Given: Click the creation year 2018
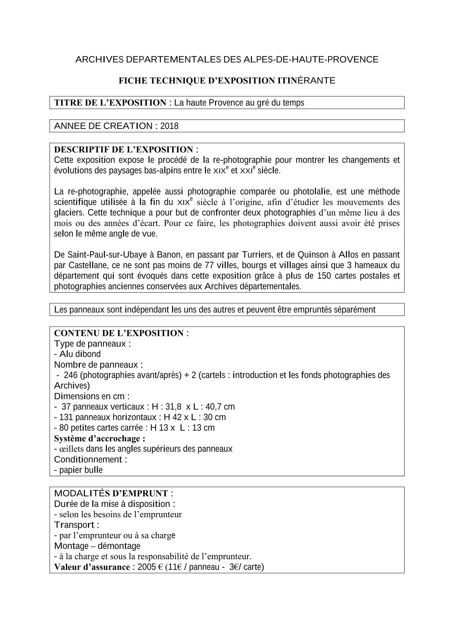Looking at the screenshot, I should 169,126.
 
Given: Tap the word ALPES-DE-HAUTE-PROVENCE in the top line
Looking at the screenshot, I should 311,59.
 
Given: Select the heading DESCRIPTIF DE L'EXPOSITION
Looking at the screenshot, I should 124,149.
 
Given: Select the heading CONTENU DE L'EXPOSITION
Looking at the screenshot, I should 119,333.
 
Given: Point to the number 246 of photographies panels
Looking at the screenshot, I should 70,375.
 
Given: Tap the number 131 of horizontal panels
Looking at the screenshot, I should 66,417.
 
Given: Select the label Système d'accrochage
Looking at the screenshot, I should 100,438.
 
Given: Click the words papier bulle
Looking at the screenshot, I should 81,470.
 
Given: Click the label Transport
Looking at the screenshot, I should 77,525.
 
